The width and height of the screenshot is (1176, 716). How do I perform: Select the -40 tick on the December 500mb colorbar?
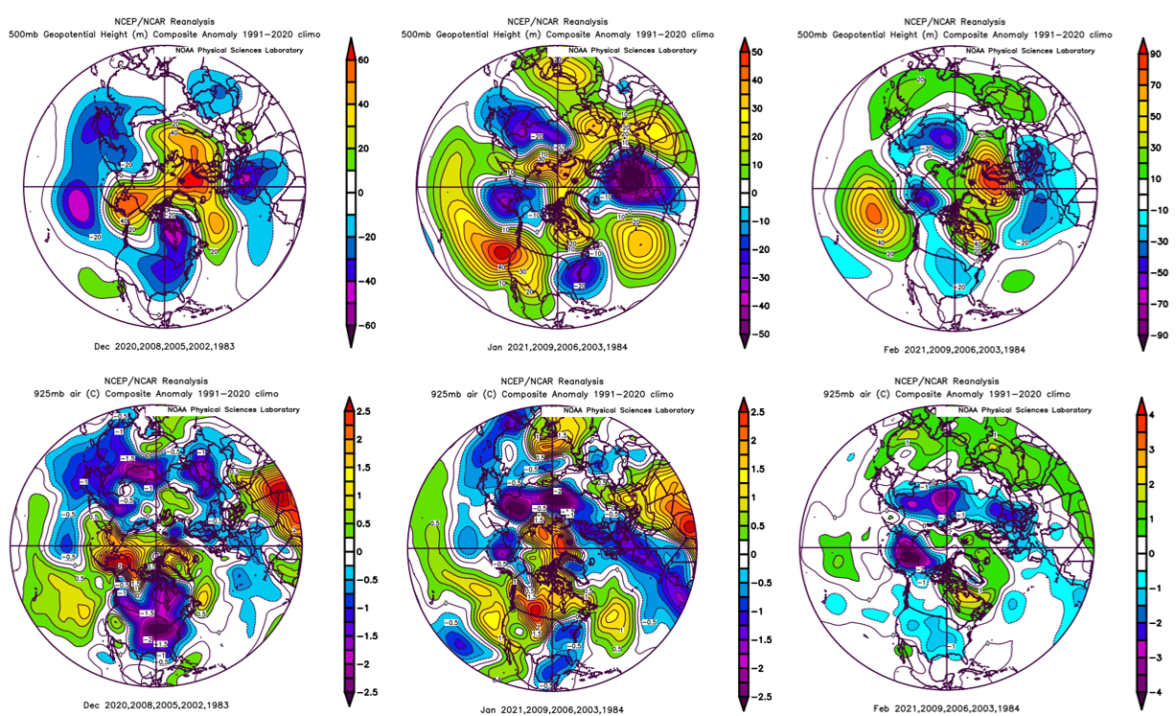(365, 281)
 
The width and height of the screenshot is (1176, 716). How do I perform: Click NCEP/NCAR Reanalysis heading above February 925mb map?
(945, 381)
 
